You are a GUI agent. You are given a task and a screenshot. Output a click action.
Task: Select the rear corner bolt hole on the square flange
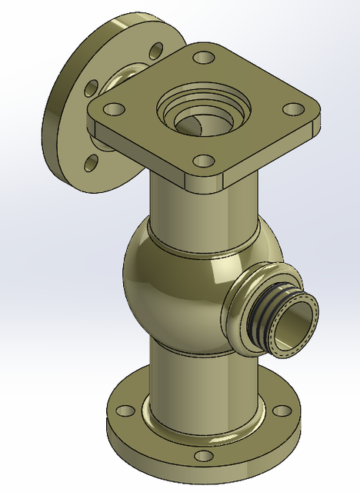[203, 58]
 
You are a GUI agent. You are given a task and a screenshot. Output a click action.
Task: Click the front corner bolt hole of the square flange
[203, 161]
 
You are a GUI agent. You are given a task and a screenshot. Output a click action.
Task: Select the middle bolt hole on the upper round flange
[89, 86]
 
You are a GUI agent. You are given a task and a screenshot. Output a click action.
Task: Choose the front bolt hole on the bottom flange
[202, 456]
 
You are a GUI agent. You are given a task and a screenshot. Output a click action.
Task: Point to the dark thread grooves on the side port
[265, 314]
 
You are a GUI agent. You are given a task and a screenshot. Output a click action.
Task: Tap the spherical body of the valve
[169, 284]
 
